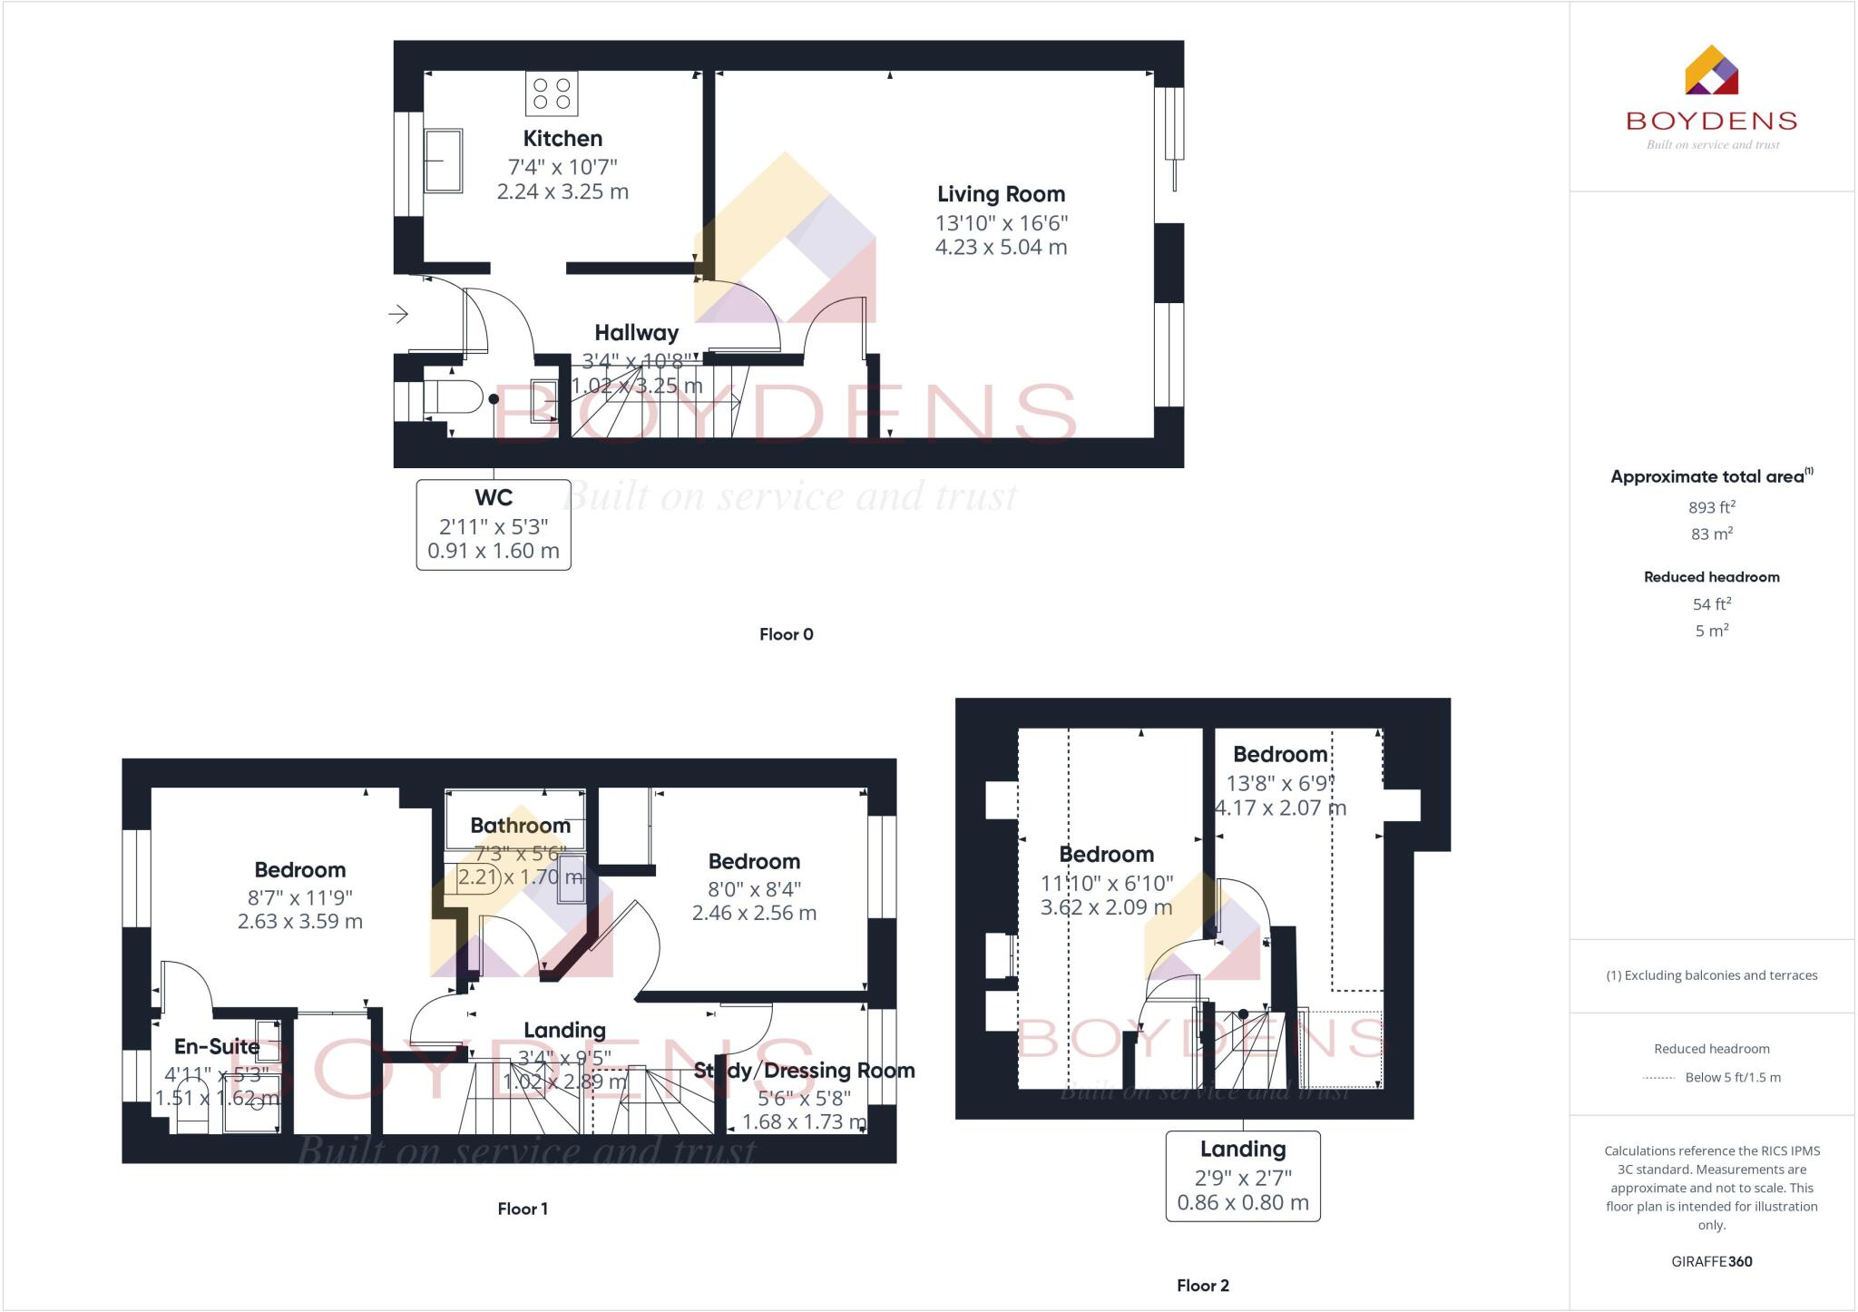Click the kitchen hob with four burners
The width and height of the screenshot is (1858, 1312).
[x=552, y=93]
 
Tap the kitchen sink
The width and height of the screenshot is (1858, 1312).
[x=444, y=161]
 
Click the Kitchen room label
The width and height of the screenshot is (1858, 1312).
[x=562, y=139]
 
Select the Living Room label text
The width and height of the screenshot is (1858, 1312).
[x=1001, y=194]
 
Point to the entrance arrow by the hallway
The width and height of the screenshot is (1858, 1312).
[x=398, y=315]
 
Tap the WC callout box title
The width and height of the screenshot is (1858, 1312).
[x=494, y=498]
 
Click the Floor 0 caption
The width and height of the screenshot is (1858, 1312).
[x=786, y=634]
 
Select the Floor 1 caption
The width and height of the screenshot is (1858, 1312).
[x=523, y=1209]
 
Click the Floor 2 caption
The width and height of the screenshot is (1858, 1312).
[x=1202, y=1286]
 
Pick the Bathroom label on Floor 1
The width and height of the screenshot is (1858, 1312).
[x=520, y=826]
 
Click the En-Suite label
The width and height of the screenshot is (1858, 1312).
[x=217, y=1047]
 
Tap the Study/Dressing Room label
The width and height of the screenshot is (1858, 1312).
[x=804, y=1071]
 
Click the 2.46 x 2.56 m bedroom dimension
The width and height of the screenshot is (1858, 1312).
[x=754, y=914]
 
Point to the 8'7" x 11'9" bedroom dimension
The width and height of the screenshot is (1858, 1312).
[x=299, y=897]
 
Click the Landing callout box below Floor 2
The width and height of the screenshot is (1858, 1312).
[x=1242, y=1176]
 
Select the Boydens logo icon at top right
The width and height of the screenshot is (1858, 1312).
[x=1711, y=71]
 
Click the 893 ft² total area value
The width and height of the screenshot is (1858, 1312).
[x=1711, y=507]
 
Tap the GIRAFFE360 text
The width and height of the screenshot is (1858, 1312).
[x=1711, y=1261]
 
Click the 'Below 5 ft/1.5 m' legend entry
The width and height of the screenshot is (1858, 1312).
[x=1732, y=1078]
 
